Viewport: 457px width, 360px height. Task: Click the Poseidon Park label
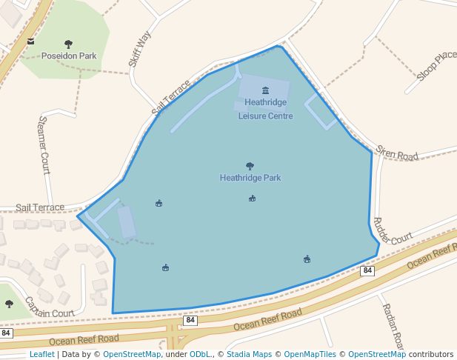pyautogui.click(x=69, y=56)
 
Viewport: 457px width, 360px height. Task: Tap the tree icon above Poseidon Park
pyautogui.click(x=69, y=44)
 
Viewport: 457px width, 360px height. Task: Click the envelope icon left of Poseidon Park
pyautogui.click(x=30, y=41)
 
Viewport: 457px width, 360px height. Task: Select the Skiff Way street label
pyautogui.click(x=140, y=49)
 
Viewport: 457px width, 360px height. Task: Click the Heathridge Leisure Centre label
pyautogui.click(x=265, y=109)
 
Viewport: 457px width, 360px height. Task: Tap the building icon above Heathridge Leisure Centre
pyautogui.click(x=265, y=90)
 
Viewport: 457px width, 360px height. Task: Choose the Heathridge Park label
pyautogui.click(x=250, y=178)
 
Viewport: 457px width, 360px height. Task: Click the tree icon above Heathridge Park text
pyautogui.click(x=250, y=167)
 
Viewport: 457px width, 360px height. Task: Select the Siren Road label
pyautogui.click(x=397, y=153)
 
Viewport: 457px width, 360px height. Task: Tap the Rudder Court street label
pyautogui.click(x=393, y=231)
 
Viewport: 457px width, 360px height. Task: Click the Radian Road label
pyautogui.click(x=392, y=326)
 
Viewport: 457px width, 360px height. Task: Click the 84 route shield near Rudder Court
pyautogui.click(x=367, y=271)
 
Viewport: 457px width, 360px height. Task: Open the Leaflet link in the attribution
pyautogui.click(x=41, y=355)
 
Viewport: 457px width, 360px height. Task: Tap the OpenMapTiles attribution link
pyautogui.click(x=312, y=355)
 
